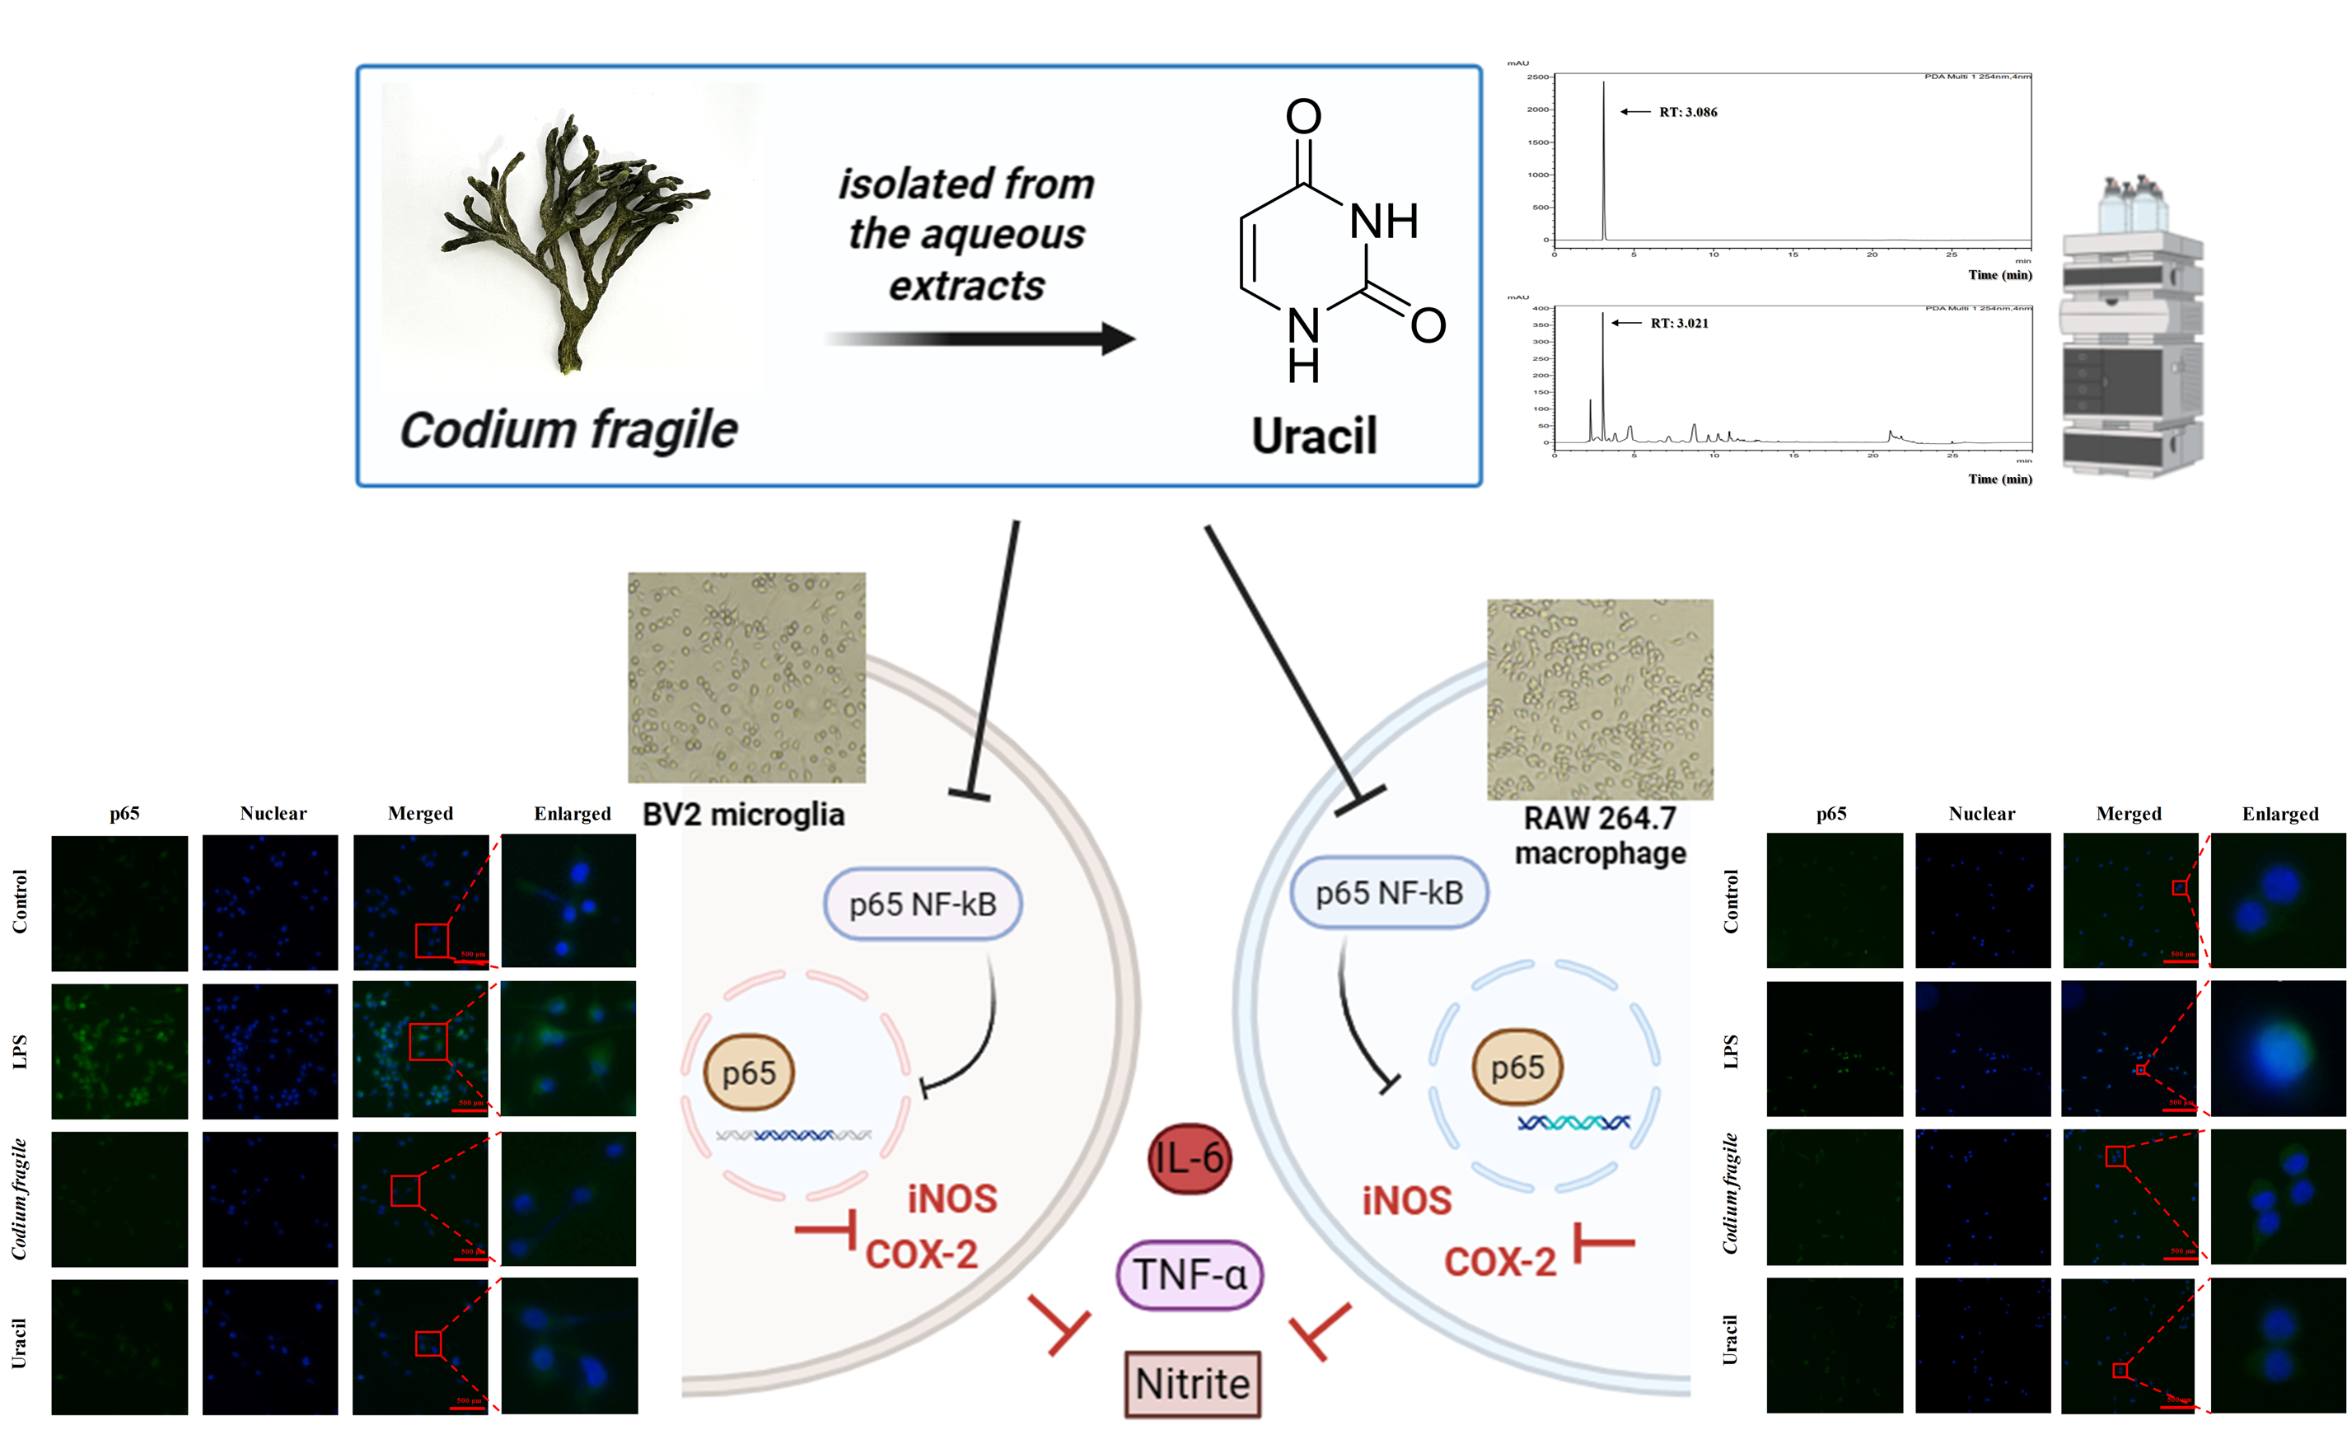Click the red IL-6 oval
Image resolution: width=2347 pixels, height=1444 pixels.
pos(1189,1158)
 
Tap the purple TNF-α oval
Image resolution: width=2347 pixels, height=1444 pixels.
pos(1189,1274)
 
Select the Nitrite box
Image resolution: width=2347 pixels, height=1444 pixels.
pos(1192,1383)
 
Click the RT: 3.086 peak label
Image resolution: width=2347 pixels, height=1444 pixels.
pos(1687,112)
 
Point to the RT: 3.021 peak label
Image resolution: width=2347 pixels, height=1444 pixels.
pos(1679,323)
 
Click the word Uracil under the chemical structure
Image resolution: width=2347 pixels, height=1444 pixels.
pos(1314,437)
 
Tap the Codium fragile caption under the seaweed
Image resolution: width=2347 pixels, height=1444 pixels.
pos(568,430)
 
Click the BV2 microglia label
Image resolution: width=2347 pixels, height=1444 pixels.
pos(743,815)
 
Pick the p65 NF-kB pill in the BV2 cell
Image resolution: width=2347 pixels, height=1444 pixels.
pos(923,904)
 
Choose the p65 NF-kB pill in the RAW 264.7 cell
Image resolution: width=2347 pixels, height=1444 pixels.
pos(1388,893)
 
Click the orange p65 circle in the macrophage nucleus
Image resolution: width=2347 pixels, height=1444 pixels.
pos(1517,1067)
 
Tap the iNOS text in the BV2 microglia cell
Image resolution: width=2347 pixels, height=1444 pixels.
pos(952,1199)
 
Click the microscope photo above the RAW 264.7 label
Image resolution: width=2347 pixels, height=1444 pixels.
pos(1599,699)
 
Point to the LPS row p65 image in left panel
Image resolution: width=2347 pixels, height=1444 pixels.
pos(119,1050)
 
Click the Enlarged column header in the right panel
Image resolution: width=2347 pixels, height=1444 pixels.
pos(2279,814)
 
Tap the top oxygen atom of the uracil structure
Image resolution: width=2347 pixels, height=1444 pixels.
pos(1303,116)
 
